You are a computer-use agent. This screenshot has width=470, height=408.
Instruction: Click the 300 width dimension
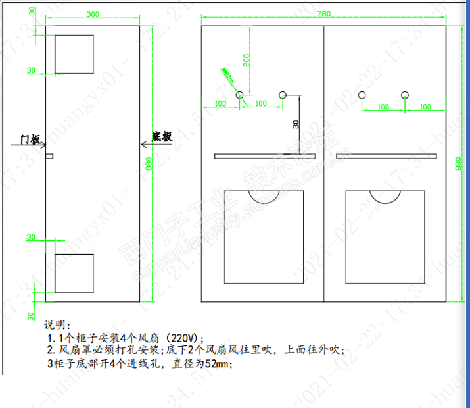pos(93,14)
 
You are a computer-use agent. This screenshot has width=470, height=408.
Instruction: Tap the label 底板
pos(162,137)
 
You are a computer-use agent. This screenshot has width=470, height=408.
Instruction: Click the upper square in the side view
pos(73,49)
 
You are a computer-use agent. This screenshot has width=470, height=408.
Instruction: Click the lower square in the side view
pos(73,273)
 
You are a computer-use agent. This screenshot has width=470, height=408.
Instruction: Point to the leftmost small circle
pos(240,95)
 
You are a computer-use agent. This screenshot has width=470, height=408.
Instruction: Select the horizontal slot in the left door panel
pos(265,156)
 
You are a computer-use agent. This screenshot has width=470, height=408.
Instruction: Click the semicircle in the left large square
pos(264,196)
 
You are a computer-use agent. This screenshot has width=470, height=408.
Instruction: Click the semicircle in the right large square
pos(386,196)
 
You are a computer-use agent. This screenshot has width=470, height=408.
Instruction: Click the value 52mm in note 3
pos(220,362)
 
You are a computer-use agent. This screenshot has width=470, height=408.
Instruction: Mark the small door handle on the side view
pos(49,156)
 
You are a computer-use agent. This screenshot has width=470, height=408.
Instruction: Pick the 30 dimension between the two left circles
pos(296,123)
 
